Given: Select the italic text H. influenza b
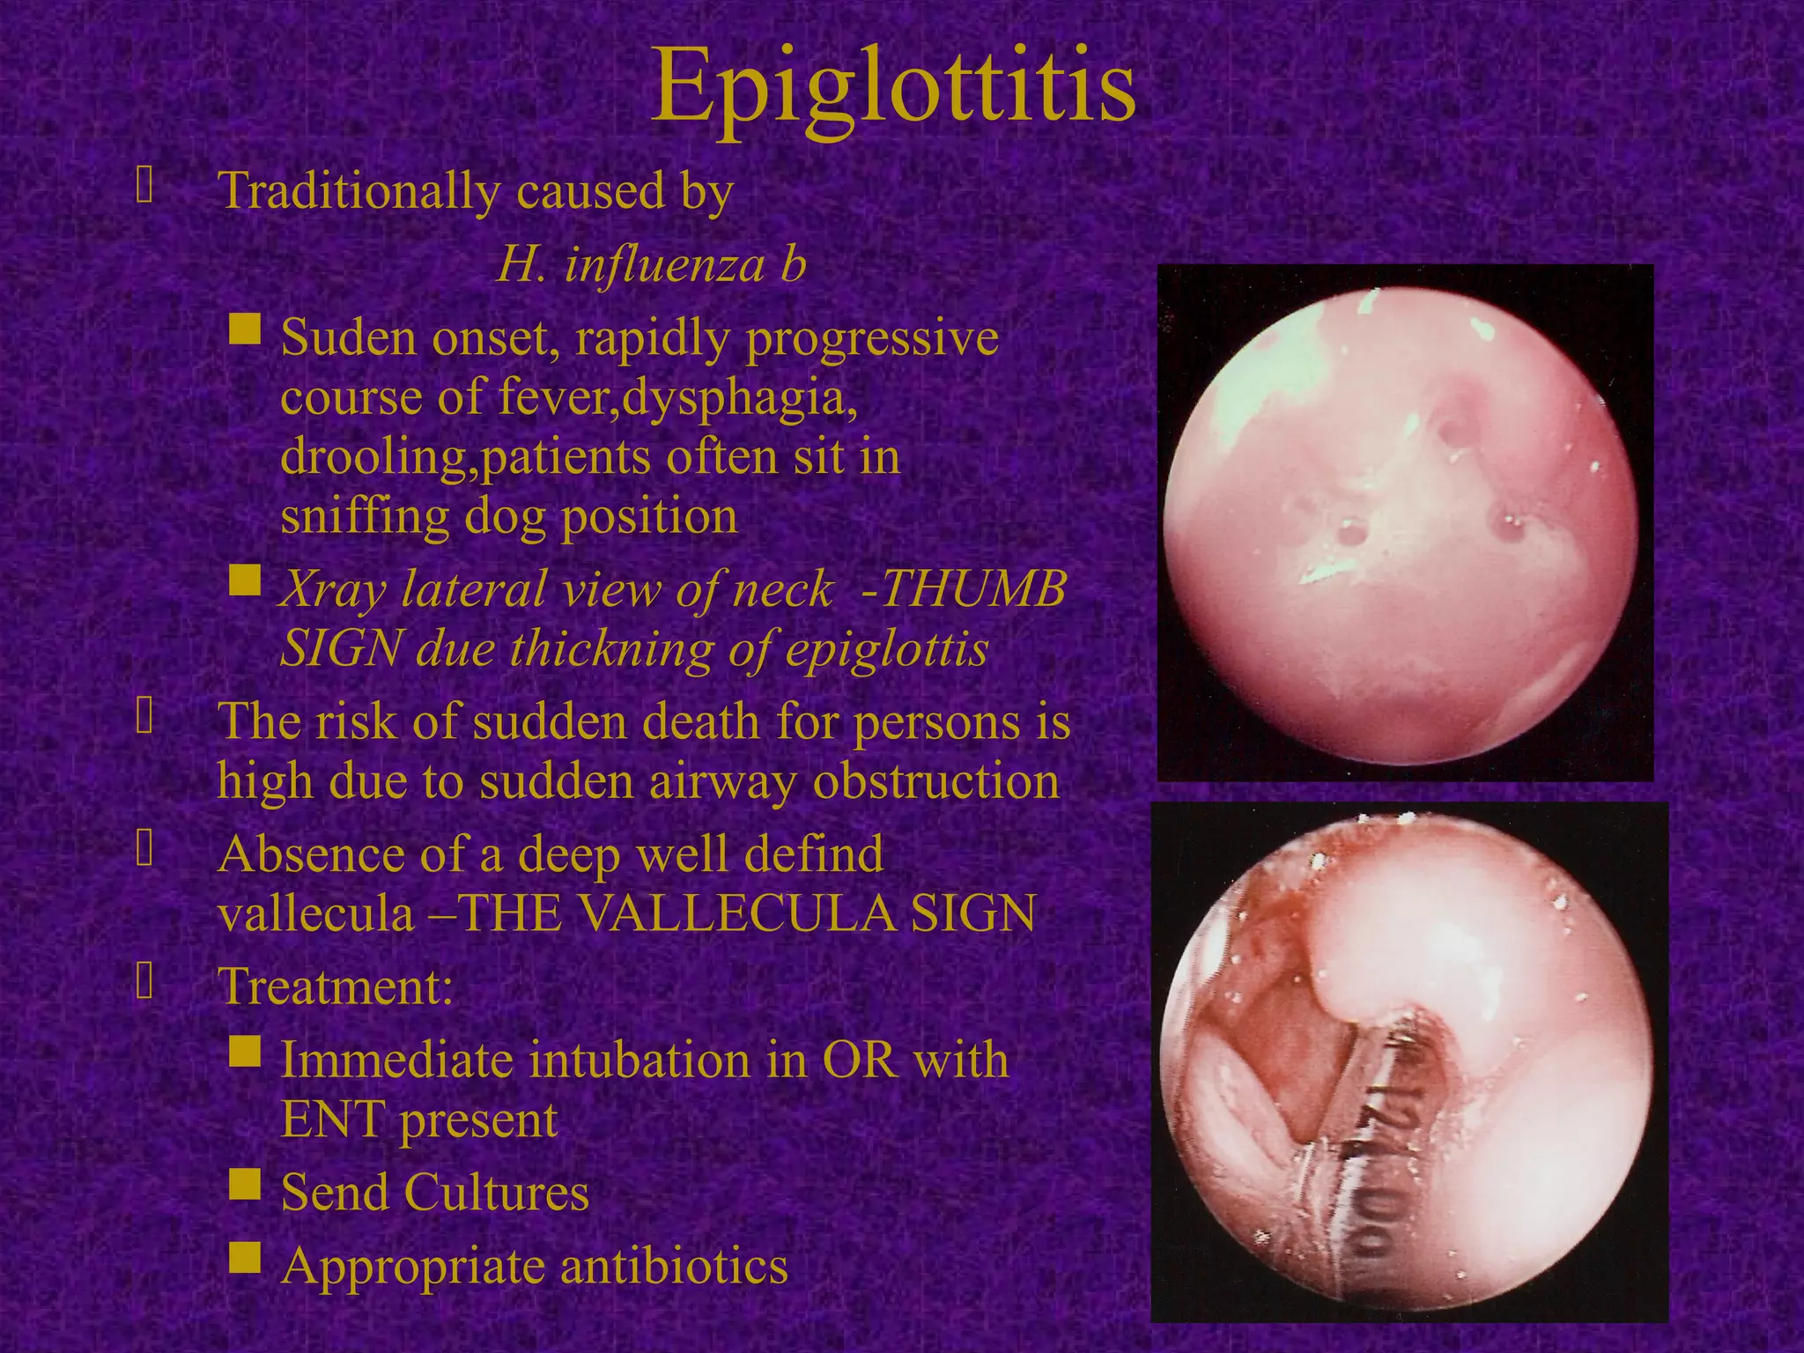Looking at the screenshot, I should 652,264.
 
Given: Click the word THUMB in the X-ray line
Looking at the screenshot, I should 974,588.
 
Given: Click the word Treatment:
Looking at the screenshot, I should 336,986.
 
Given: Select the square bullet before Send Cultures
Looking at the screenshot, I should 245,1185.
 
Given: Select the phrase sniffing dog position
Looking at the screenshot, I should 509,516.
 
